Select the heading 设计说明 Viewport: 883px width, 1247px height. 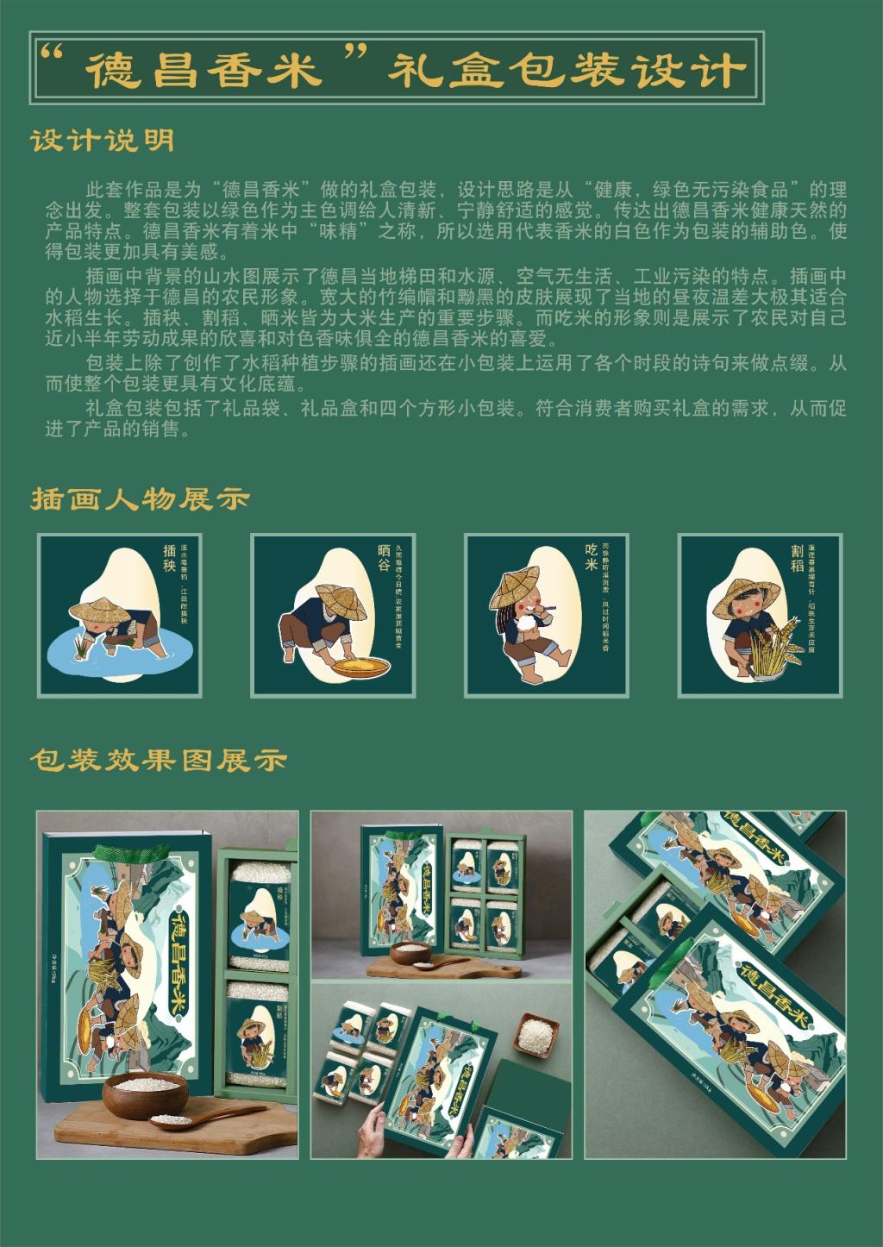coord(103,141)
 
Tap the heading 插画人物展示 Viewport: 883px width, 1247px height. coord(141,498)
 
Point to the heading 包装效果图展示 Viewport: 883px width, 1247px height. coord(158,759)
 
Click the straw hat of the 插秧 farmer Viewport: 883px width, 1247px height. coord(97,610)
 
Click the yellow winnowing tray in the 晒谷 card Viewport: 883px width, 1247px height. coord(356,667)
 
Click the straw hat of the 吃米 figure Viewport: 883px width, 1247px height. coord(514,586)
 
